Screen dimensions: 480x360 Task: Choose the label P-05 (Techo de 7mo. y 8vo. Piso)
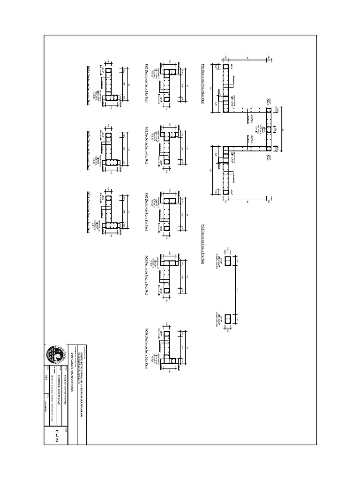coord(147,276)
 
